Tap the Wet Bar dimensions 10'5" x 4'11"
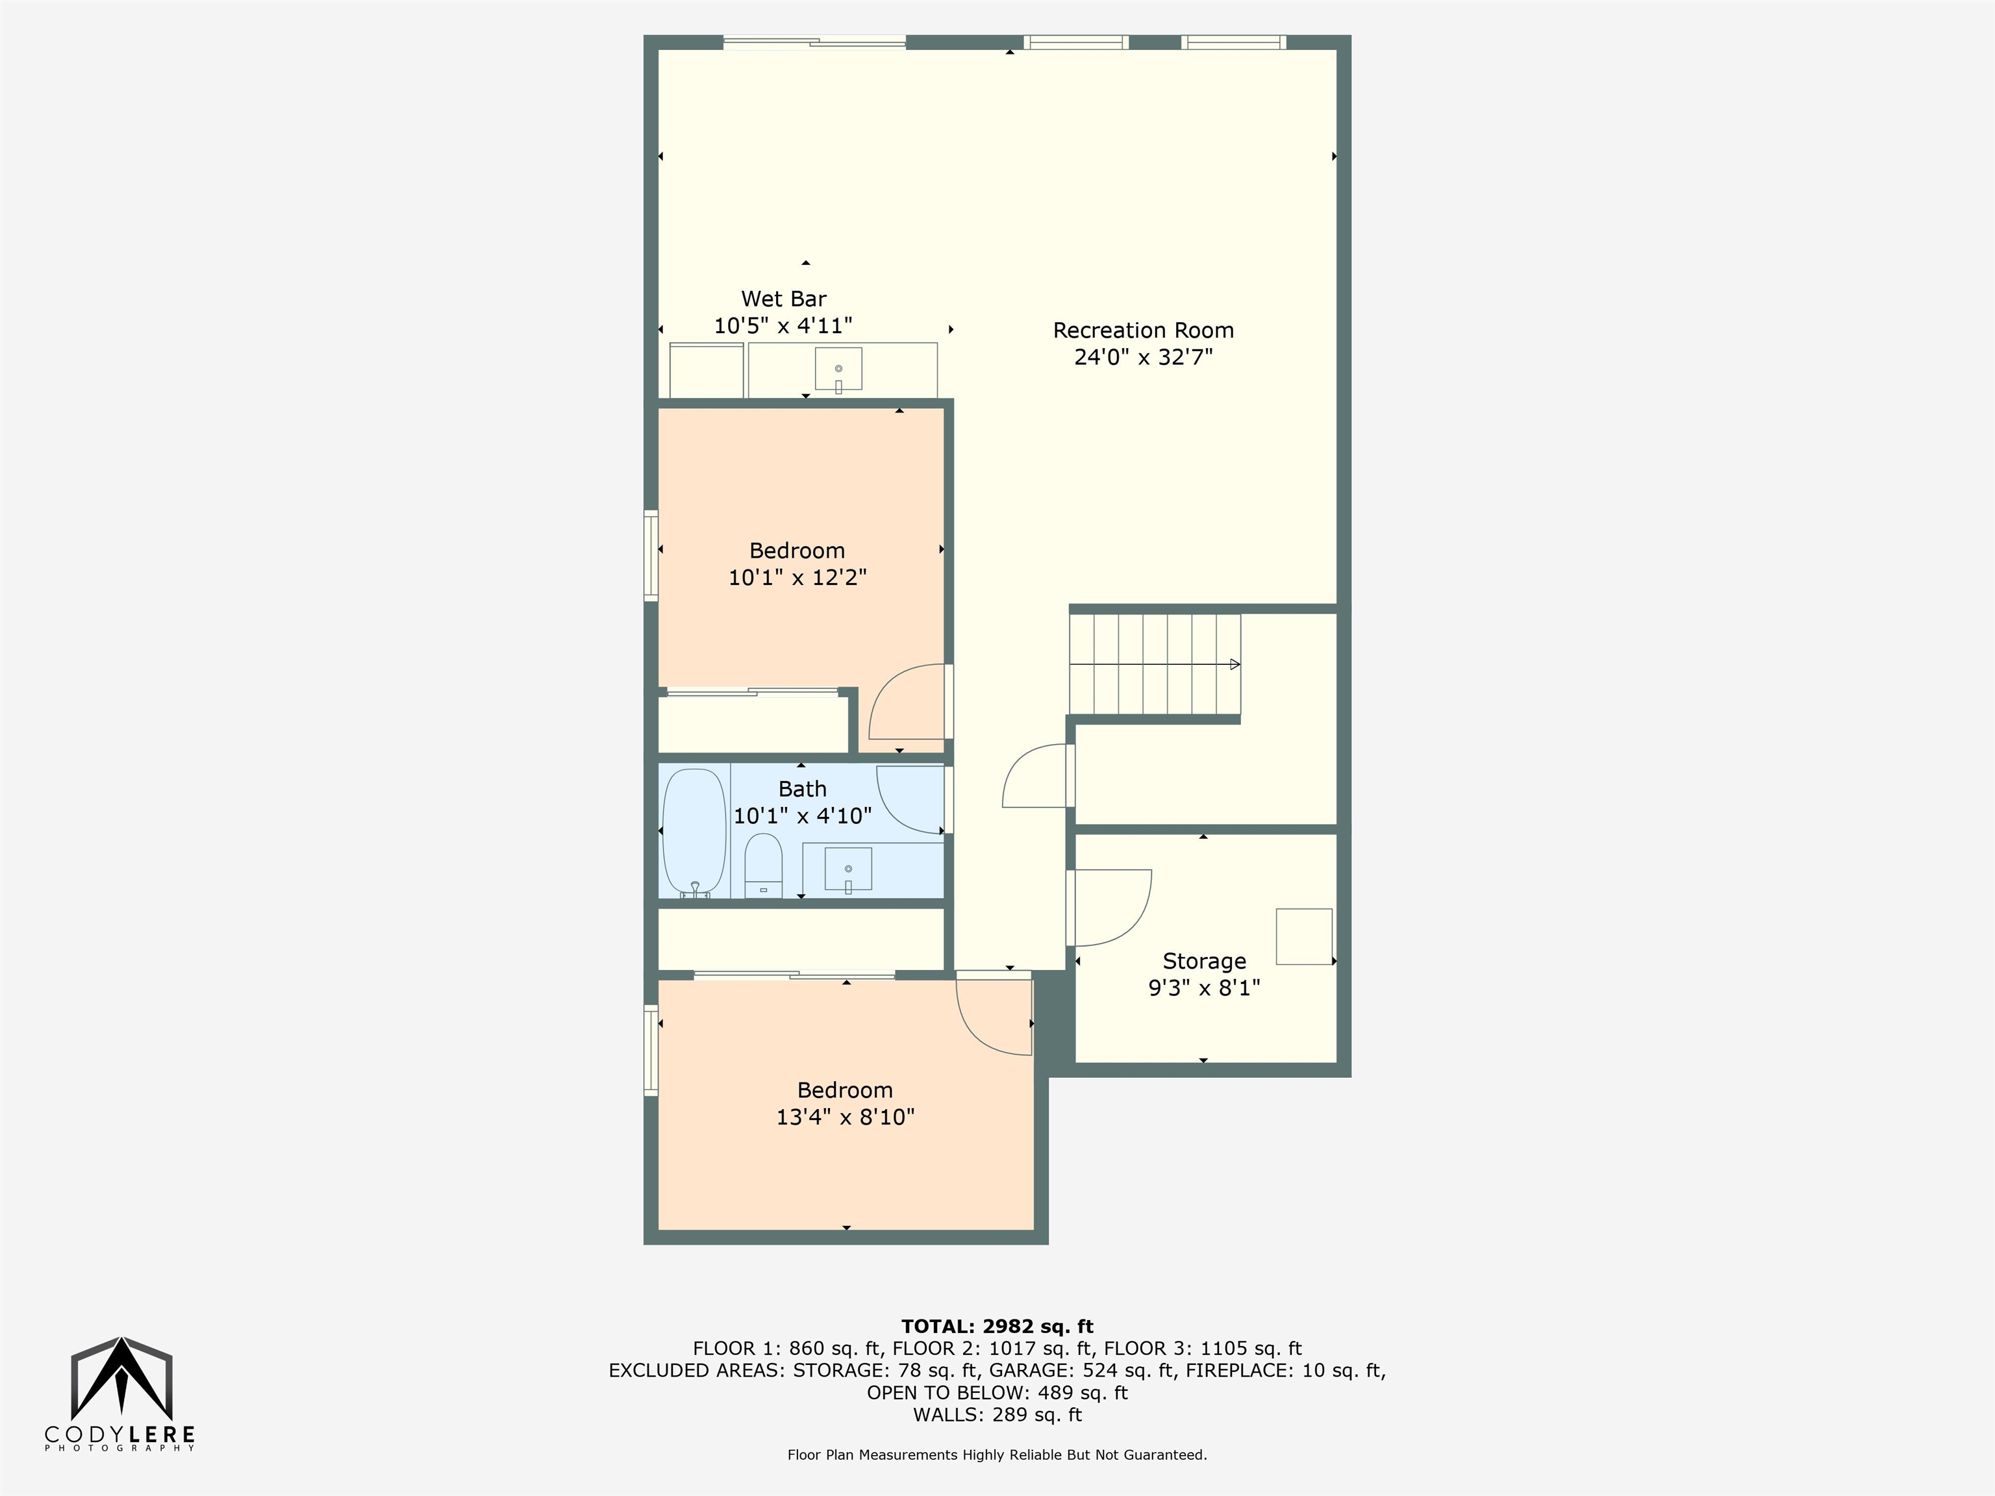783,325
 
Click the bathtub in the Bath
694,832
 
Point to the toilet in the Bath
763,865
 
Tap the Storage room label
1204,961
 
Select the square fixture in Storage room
1303,937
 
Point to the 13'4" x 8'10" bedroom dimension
845,1117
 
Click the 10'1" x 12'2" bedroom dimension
797,577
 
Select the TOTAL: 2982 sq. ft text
997,1327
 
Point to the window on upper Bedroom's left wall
650,555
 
